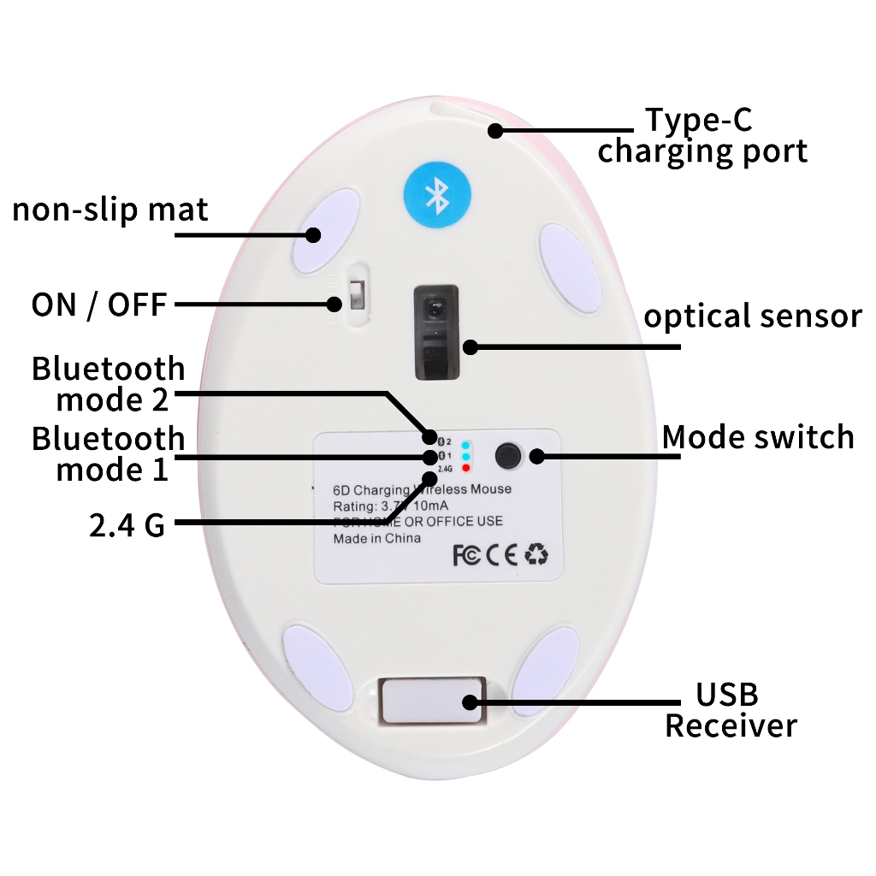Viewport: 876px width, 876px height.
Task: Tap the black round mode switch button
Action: click(509, 455)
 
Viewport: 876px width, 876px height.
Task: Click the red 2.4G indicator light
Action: click(465, 469)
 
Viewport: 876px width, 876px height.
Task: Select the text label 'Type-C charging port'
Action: click(701, 135)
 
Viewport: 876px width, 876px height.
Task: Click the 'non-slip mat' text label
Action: click(110, 210)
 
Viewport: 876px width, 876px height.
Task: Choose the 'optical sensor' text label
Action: click(752, 317)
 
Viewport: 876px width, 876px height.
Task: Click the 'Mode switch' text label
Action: click(758, 436)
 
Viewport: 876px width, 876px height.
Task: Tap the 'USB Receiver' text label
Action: click(730, 710)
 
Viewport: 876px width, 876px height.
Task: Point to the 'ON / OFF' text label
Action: click(98, 304)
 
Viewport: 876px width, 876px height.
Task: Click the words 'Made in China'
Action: click(376, 538)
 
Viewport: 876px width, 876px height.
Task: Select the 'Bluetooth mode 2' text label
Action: click(109, 384)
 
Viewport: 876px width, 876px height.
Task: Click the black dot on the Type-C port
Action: click(494, 130)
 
